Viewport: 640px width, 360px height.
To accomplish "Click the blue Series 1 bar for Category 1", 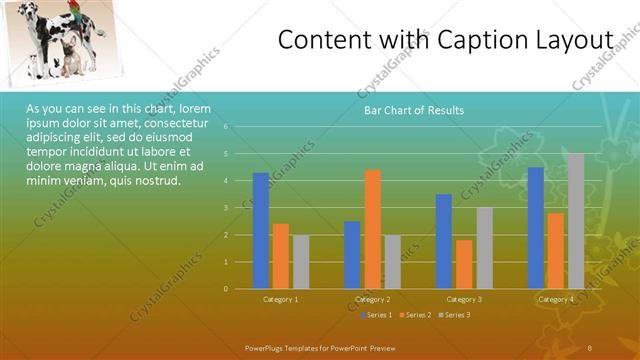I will [x=260, y=230].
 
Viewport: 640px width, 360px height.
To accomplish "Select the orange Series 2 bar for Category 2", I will [x=372, y=229].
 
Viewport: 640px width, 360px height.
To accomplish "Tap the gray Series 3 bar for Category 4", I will [x=575, y=221].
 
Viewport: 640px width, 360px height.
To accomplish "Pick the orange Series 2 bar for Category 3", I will [x=464, y=264].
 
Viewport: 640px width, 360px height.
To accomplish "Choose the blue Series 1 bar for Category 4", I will [x=536, y=227].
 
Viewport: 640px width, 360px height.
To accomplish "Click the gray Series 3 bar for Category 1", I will [x=301, y=262].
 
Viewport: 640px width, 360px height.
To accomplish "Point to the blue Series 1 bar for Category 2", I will [x=352, y=255].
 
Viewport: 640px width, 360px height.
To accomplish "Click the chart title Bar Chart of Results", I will [x=413, y=110].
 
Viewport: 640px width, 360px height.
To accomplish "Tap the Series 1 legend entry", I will [x=376, y=316].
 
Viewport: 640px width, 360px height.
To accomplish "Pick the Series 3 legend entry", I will [x=454, y=316].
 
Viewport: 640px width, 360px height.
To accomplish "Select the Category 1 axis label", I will [x=281, y=299].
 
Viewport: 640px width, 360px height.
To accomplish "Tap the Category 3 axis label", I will [x=464, y=299].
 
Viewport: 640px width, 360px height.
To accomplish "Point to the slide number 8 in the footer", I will [x=590, y=346].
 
